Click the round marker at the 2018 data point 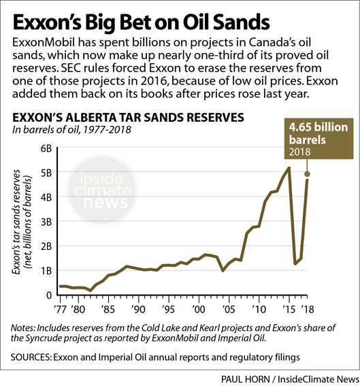pos(306,174)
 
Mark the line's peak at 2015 pos(289,167)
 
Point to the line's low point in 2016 pos(295,263)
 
